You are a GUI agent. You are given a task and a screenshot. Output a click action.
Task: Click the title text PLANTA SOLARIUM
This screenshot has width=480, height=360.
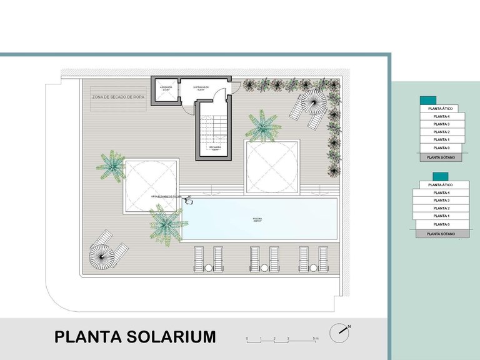pyautogui.click(x=135, y=337)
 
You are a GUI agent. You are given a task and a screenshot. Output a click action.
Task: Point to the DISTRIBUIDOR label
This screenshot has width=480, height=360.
pyautogui.click(x=201, y=88)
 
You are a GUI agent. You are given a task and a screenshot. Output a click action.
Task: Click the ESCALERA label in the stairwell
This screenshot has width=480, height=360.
pyautogui.click(x=214, y=148)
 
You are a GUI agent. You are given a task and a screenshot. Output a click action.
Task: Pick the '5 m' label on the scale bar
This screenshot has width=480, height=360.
pyautogui.click(x=316, y=338)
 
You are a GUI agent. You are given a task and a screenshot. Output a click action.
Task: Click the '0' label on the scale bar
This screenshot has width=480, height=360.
pyautogui.click(x=247, y=338)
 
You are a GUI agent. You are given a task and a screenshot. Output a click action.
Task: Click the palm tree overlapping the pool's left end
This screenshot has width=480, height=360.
pyautogui.click(x=166, y=222)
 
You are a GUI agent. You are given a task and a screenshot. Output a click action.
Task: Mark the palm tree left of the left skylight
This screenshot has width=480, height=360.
pyautogui.click(x=111, y=163)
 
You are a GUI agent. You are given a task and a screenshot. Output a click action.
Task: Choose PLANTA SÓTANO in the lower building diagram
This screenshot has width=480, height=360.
pyautogui.click(x=440, y=233)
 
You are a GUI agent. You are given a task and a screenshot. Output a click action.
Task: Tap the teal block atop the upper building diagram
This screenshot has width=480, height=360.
pyautogui.click(x=428, y=100)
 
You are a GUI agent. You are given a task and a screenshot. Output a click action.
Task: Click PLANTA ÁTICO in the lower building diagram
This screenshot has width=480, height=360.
pyautogui.click(x=440, y=185)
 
